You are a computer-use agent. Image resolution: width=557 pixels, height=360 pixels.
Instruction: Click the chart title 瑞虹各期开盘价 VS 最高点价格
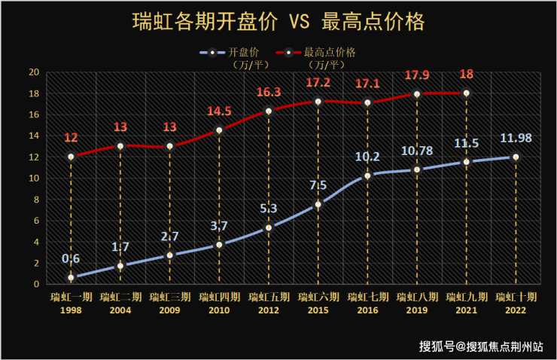pyautogui.click(x=278, y=21)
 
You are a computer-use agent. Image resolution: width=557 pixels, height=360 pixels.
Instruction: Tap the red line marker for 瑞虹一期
pyautogui.click(x=71, y=157)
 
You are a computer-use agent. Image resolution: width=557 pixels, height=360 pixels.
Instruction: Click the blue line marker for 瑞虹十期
pyautogui.click(x=516, y=157)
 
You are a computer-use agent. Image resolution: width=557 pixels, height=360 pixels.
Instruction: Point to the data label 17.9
pyautogui.click(x=416, y=76)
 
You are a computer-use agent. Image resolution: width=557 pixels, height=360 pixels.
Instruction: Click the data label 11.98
pyautogui.click(x=516, y=139)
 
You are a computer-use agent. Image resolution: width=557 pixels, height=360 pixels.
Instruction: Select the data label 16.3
pyautogui.click(x=269, y=93)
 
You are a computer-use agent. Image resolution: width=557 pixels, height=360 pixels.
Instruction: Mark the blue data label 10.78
pyautogui.click(x=416, y=151)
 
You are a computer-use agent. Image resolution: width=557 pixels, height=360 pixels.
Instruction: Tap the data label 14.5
pyautogui.click(x=219, y=111)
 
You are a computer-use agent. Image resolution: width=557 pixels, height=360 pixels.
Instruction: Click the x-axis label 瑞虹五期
pyautogui.click(x=269, y=297)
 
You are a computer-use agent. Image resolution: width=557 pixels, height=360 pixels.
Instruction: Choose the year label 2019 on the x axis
pyautogui.click(x=416, y=310)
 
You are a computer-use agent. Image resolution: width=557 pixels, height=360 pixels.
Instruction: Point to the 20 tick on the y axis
pyautogui.click(x=33, y=72)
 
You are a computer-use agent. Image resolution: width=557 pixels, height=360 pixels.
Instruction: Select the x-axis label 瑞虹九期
pyautogui.click(x=466, y=297)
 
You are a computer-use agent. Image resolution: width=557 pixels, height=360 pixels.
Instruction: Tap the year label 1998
pyautogui.click(x=71, y=310)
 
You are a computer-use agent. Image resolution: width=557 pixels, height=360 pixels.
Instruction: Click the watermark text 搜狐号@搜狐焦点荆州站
pyautogui.click(x=482, y=346)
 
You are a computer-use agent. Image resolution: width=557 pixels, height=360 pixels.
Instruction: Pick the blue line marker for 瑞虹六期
pyautogui.click(x=318, y=204)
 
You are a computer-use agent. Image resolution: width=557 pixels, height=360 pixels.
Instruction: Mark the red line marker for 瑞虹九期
pyautogui.click(x=466, y=93)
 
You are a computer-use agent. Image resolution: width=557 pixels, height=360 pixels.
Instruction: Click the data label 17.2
pyautogui.click(x=318, y=83)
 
